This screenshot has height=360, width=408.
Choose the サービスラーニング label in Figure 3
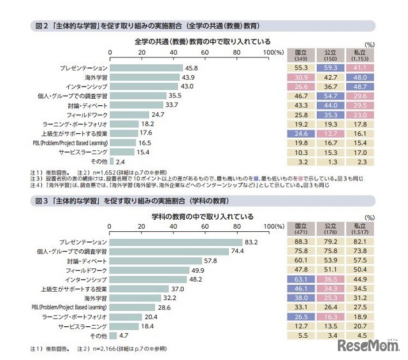(83, 326)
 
